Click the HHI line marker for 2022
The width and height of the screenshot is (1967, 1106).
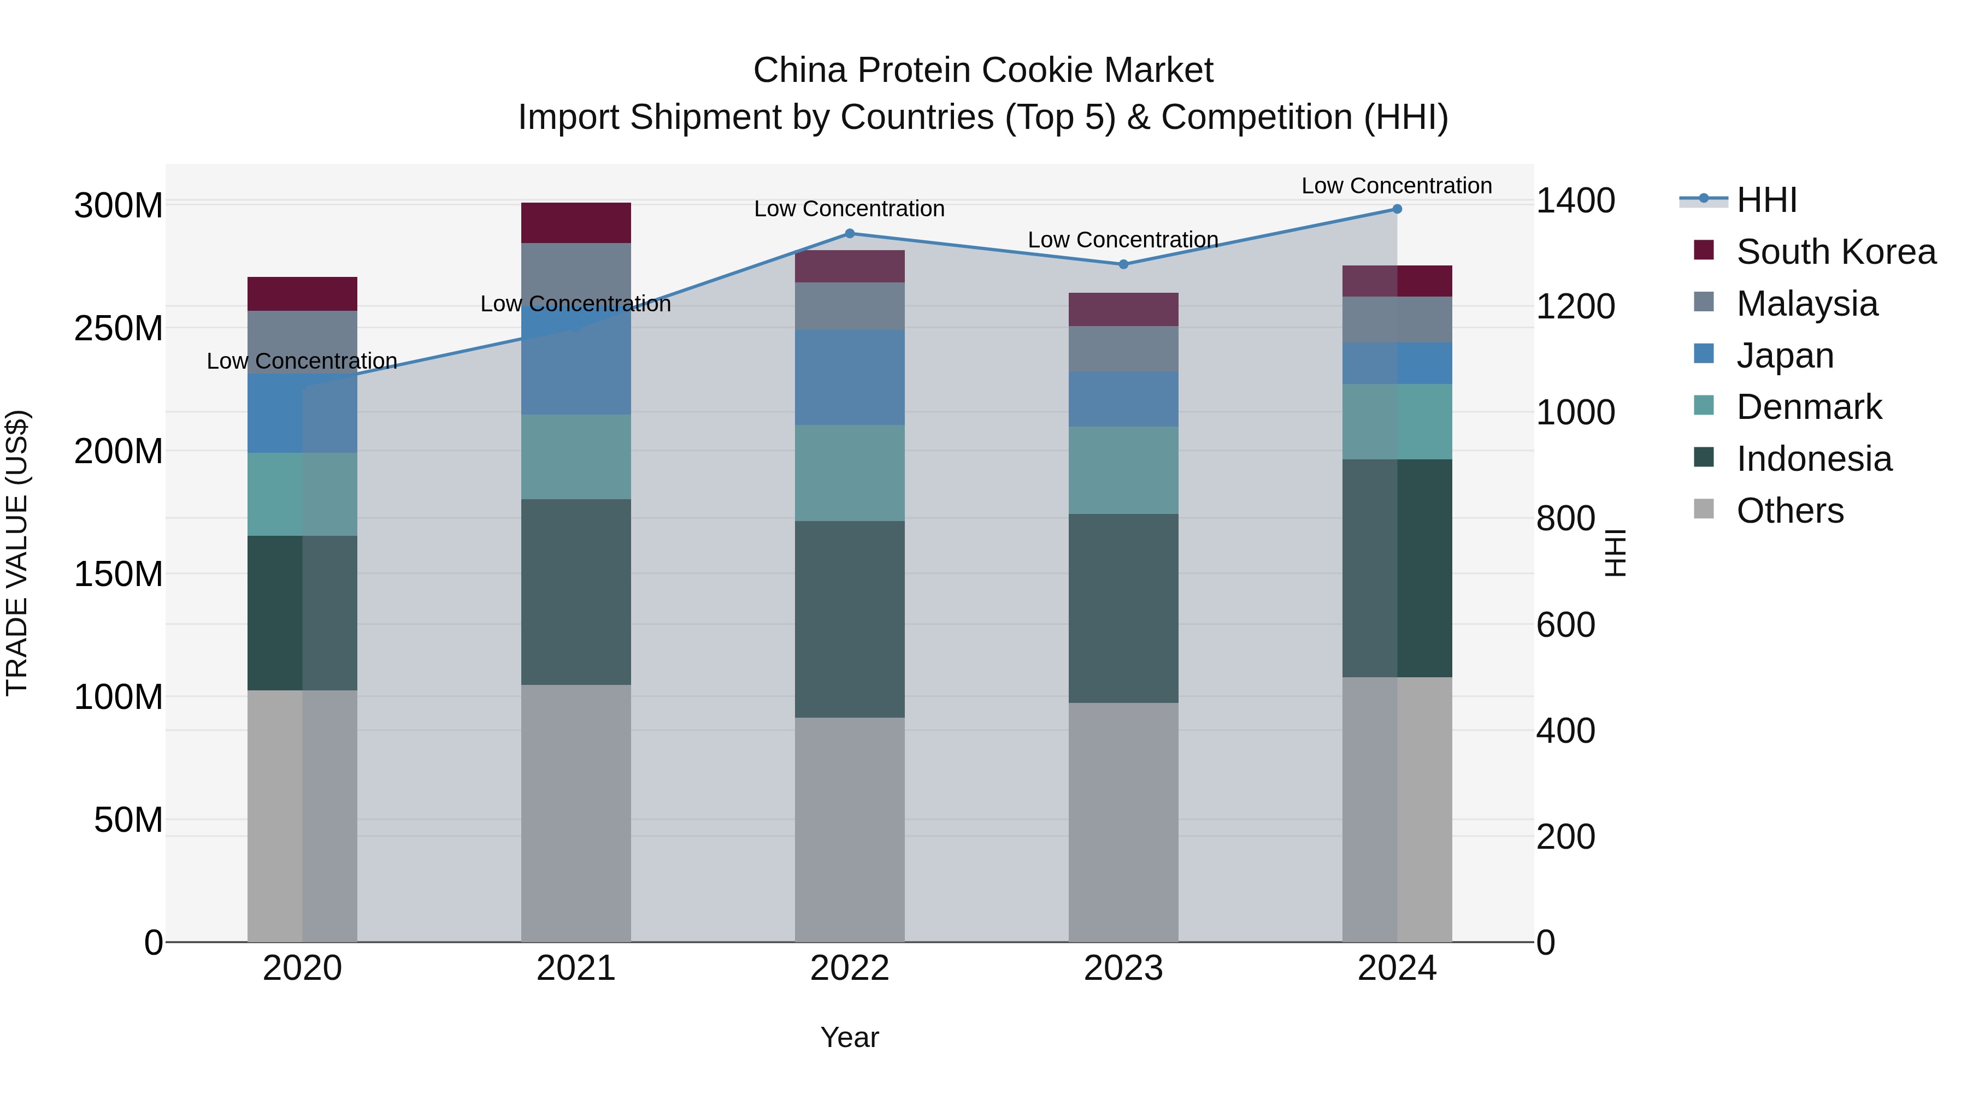coord(849,234)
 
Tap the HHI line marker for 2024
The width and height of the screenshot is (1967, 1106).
coord(1397,209)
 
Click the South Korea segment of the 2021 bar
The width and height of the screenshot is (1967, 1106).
coord(576,223)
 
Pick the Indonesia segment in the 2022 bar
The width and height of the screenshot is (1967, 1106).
coord(849,619)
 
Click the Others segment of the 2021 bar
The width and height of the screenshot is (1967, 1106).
coord(576,813)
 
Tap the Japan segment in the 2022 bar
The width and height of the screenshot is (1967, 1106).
coord(849,377)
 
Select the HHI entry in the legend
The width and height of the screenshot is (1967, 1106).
coord(1765,200)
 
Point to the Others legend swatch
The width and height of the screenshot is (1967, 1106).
coord(1704,509)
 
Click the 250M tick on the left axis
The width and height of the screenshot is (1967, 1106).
coord(119,328)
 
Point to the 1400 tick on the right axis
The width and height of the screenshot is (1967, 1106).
coord(1575,201)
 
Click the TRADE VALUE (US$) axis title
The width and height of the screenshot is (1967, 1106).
coord(17,553)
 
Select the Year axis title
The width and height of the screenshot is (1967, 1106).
coord(849,1037)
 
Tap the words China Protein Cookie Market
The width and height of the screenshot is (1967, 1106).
coord(983,70)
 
